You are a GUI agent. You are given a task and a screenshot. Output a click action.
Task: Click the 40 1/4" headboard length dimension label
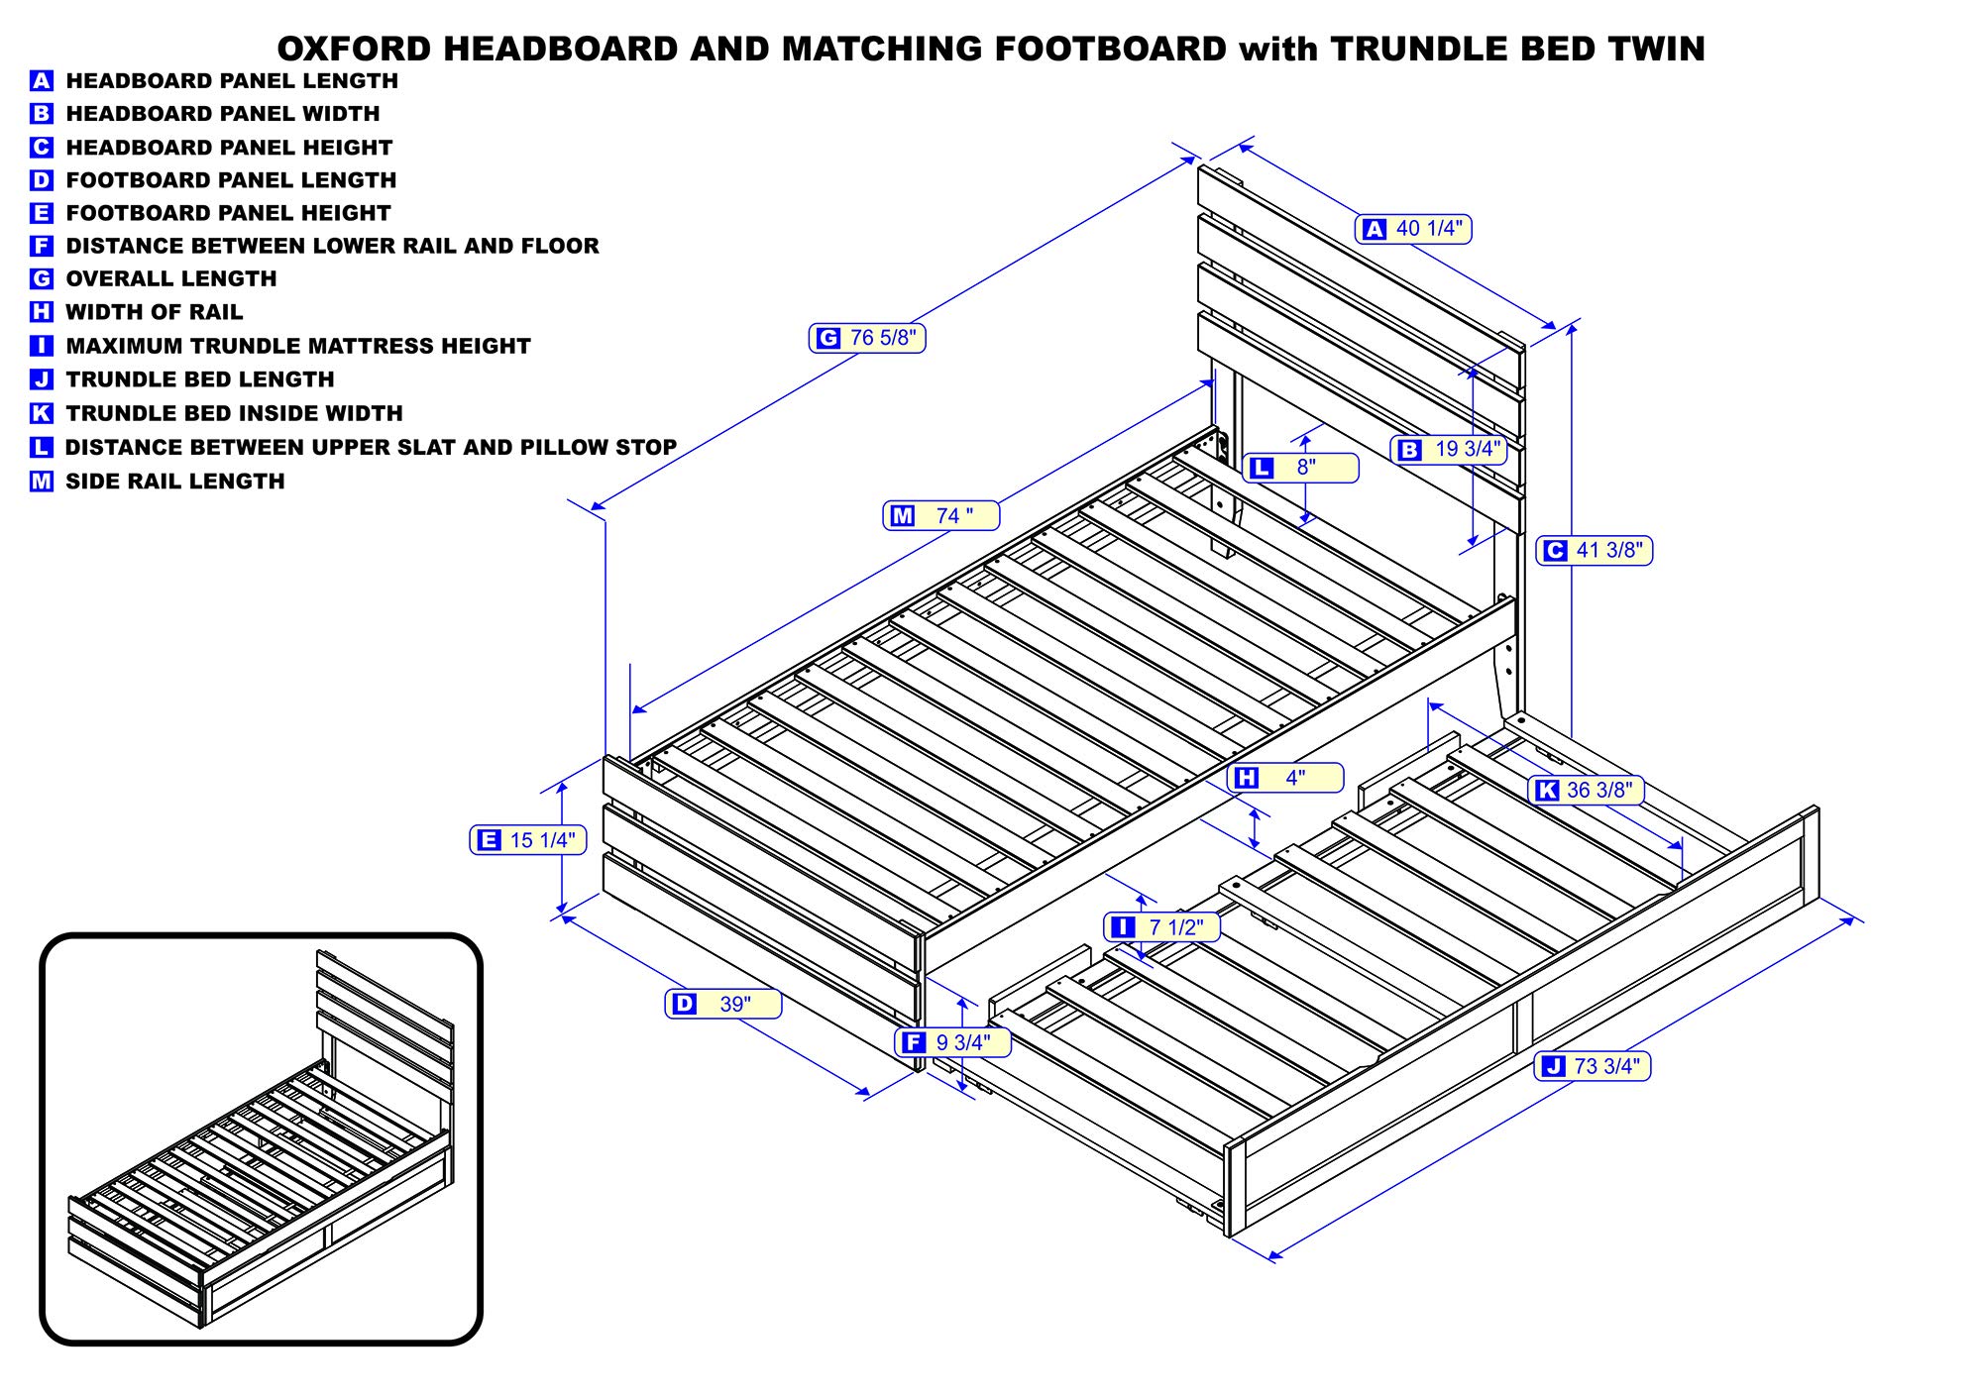(x=1414, y=229)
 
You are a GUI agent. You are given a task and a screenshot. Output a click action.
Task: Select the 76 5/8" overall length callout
(x=867, y=338)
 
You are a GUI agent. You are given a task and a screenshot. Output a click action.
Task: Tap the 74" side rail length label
(x=941, y=515)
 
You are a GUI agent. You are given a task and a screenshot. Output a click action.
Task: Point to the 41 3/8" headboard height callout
(x=1595, y=550)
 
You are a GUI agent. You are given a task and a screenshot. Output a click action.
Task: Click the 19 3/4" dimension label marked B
(x=1449, y=449)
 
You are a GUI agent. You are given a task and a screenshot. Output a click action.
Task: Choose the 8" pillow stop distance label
(x=1300, y=468)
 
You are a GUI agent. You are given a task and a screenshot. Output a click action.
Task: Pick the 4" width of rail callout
(x=1285, y=778)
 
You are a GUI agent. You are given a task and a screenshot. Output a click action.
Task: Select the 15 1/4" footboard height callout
(x=528, y=840)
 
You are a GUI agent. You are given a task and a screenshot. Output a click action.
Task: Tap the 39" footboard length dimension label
(x=722, y=1004)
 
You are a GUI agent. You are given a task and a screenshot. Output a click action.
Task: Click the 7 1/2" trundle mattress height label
(x=1161, y=926)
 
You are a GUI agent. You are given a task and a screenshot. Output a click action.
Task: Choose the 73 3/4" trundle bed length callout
(x=1592, y=1066)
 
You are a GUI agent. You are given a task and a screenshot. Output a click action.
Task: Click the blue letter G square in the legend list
(x=41, y=279)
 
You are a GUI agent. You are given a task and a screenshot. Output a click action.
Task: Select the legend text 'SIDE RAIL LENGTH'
(x=174, y=482)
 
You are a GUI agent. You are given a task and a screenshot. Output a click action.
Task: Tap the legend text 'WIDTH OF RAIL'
(x=154, y=312)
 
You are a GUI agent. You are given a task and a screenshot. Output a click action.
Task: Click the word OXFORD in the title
(x=354, y=49)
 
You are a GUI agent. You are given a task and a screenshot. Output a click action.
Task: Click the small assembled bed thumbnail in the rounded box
(x=261, y=1139)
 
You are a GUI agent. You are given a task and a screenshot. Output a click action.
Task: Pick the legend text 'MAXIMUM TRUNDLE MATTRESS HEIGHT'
(x=297, y=346)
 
